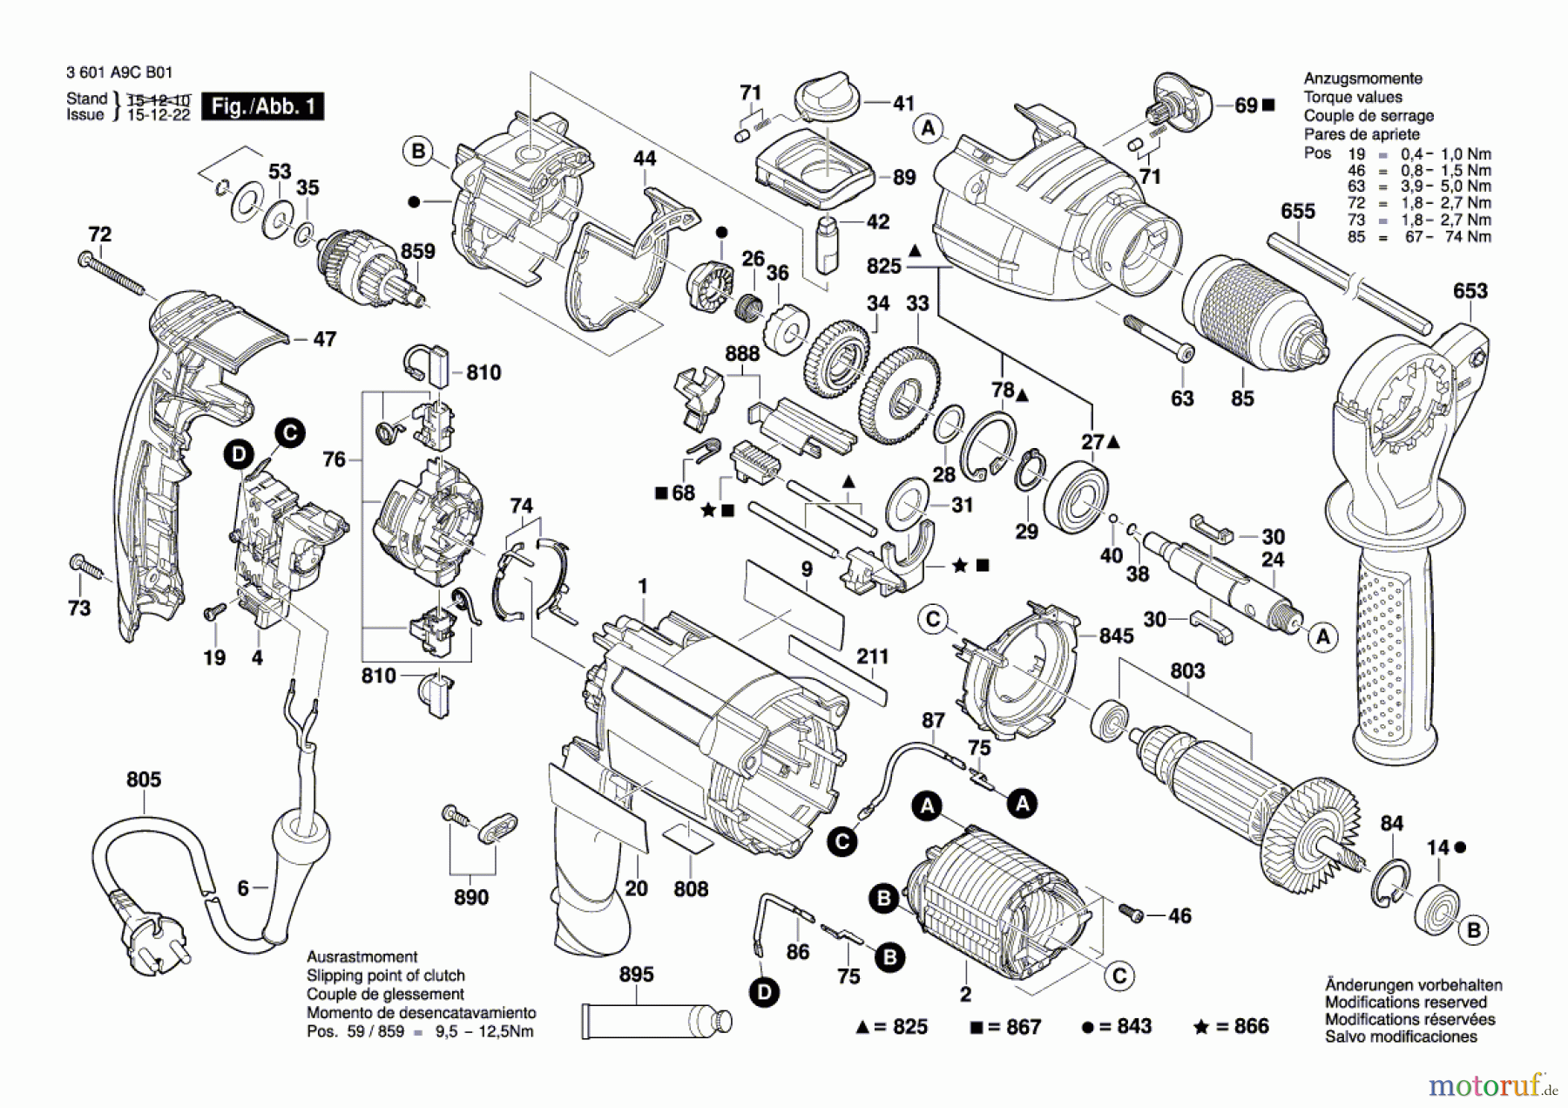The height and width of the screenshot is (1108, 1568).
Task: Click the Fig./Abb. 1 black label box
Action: pyautogui.click(x=262, y=106)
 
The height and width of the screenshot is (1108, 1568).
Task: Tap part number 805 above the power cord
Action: pyautogui.click(x=144, y=779)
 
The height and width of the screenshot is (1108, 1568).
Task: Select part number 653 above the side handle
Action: pyautogui.click(x=1470, y=291)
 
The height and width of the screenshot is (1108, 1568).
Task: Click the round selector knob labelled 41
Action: pyautogui.click(x=827, y=96)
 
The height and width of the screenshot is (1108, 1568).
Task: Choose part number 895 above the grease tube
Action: pyautogui.click(x=636, y=975)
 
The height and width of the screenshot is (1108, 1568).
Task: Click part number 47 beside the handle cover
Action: pyautogui.click(x=324, y=339)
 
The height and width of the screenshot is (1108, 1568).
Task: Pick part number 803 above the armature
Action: pyautogui.click(x=1187, y=670)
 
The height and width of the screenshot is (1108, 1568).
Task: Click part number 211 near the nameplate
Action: pyautogui.click(x=872, y=656)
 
